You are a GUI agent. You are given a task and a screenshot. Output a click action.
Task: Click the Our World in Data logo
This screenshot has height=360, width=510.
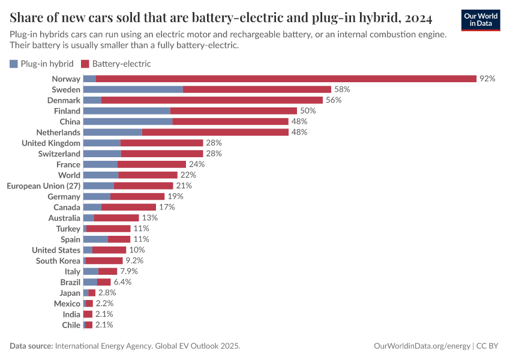click(x=480, y=20)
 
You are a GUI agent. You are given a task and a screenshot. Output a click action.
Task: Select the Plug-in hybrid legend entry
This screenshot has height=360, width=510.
click(x=42, y=63)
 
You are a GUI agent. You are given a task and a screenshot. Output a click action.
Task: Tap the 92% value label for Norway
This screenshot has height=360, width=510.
click(x=487, y=79)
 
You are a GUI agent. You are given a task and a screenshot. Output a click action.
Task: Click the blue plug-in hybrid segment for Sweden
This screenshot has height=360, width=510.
click(x=133, y=89)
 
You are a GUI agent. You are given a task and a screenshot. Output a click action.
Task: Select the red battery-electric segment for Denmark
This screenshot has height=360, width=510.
click(x=212, y=100)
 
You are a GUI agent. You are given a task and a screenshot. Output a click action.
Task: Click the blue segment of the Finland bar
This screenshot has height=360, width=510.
click(x=127, y=111)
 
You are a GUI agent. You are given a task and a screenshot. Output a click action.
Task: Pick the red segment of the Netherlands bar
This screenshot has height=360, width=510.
click(x=215, y=132)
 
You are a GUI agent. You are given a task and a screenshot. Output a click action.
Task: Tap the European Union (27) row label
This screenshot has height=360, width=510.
click(x=43, y=185)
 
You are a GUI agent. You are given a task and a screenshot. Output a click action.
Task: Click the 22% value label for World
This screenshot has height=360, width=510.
click(x=188, y=175)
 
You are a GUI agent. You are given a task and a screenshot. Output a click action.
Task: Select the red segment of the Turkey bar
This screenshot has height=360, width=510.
click(x=108, y=229)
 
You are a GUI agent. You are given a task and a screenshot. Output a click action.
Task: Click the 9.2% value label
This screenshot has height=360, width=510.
click(x=134, y=260)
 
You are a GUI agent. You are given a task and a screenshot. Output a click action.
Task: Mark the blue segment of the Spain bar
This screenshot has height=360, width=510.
click(x=95, y=239)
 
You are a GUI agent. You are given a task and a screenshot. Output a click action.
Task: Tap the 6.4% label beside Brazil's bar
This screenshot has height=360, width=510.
click(x=122, y=282)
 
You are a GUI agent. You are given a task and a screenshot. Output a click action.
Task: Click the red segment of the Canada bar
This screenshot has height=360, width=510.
click(x=128, y=207)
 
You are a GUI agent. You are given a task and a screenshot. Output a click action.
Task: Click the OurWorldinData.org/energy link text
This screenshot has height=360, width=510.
click(x=422, y=346)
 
